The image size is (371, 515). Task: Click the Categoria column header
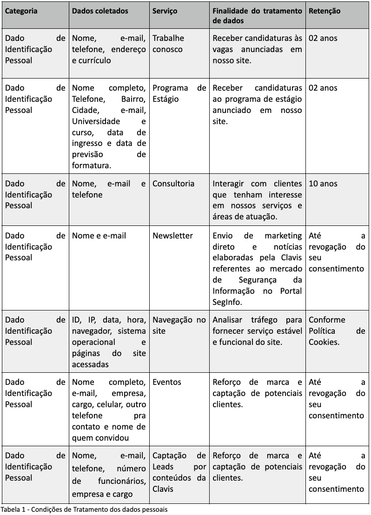tap(21, 11)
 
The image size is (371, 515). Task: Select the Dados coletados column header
tap(100, 11)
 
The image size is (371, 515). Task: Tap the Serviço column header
tap(165, 11)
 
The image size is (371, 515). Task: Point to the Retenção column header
tap(325, 11)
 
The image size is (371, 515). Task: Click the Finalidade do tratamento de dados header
tap(257, 16)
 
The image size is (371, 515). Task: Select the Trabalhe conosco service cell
tap(168, 44)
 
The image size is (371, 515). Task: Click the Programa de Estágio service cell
tap(179, 93)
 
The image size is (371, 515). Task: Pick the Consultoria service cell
tap(173, 184)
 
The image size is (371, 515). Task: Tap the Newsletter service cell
tap(172, 236)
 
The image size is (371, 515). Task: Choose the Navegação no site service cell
tap(179, 325)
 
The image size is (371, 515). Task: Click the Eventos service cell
tap(167, 382)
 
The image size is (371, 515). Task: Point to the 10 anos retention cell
tap(323, 184)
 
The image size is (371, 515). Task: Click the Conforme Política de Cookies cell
tap(337, 331)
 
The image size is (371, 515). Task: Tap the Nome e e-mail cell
tap(99, 236)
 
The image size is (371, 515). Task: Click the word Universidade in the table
tap(96, 121)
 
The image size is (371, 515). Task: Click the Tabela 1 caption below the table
tap(84, 509)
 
